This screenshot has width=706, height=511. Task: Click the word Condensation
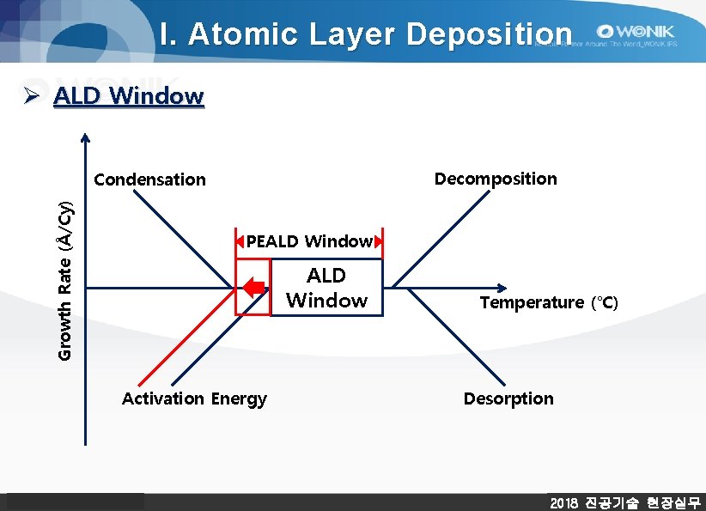coord(149,179)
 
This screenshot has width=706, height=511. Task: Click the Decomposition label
coord(496,179)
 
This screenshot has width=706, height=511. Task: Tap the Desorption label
coord(508,398)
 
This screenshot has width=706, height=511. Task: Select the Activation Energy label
coord(194,398)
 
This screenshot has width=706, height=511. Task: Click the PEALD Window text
coord(309,241)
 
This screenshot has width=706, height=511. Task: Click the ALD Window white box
coord(326,288)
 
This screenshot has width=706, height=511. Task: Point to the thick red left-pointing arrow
coord(253,288)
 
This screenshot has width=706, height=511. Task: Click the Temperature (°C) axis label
coord(548,302)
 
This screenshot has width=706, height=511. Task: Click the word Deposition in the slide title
coord(489,33)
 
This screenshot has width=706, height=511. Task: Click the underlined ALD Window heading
coord(128,95)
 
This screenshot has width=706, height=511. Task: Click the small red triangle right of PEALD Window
coord(378,241)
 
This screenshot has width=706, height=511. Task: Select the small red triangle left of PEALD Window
coord(240,241)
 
